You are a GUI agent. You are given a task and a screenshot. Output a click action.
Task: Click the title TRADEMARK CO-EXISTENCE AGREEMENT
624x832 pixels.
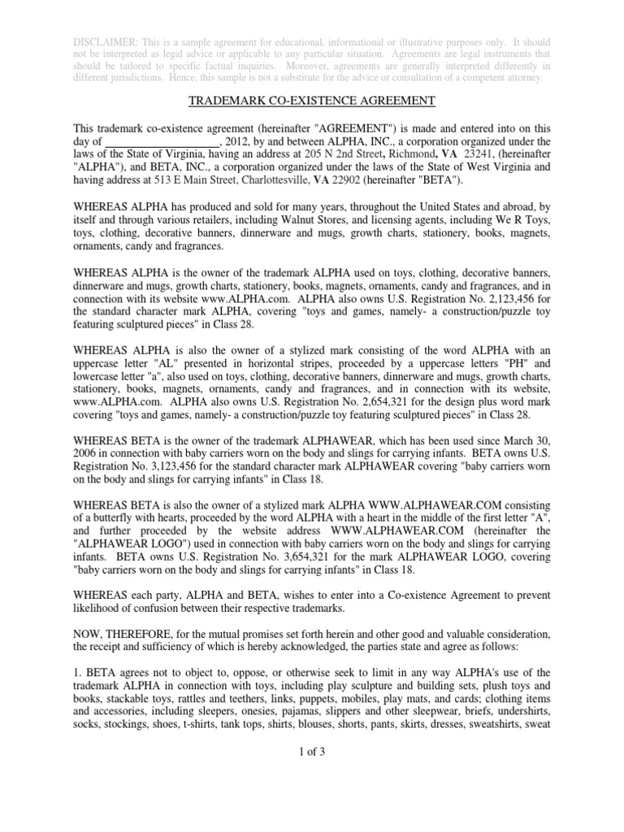[x=312, y=101]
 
